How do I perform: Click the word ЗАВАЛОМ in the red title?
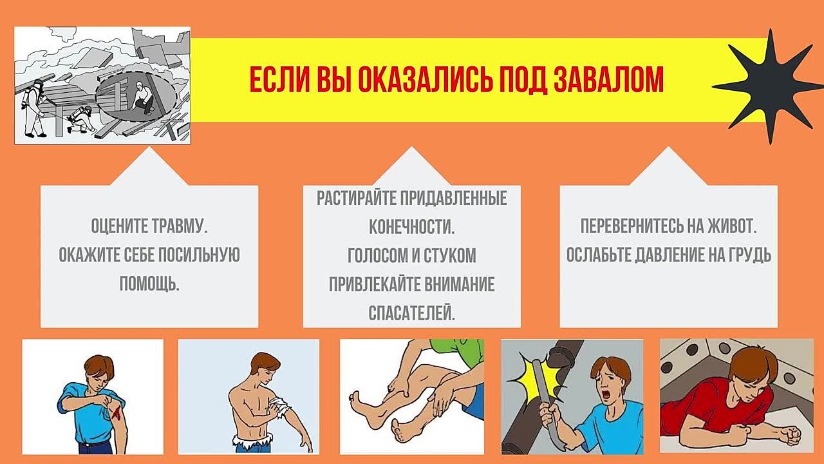pos(609,79)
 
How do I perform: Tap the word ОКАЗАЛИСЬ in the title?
pos(426,79)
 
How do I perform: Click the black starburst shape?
pos(769,87)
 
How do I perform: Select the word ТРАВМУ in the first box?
pos(180,226)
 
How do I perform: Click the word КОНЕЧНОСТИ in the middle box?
pos(411,226)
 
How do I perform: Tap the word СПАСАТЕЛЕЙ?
pos(411,313)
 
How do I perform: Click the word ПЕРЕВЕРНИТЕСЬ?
pos(631,226)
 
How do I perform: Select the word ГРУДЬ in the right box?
pos(749,255)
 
